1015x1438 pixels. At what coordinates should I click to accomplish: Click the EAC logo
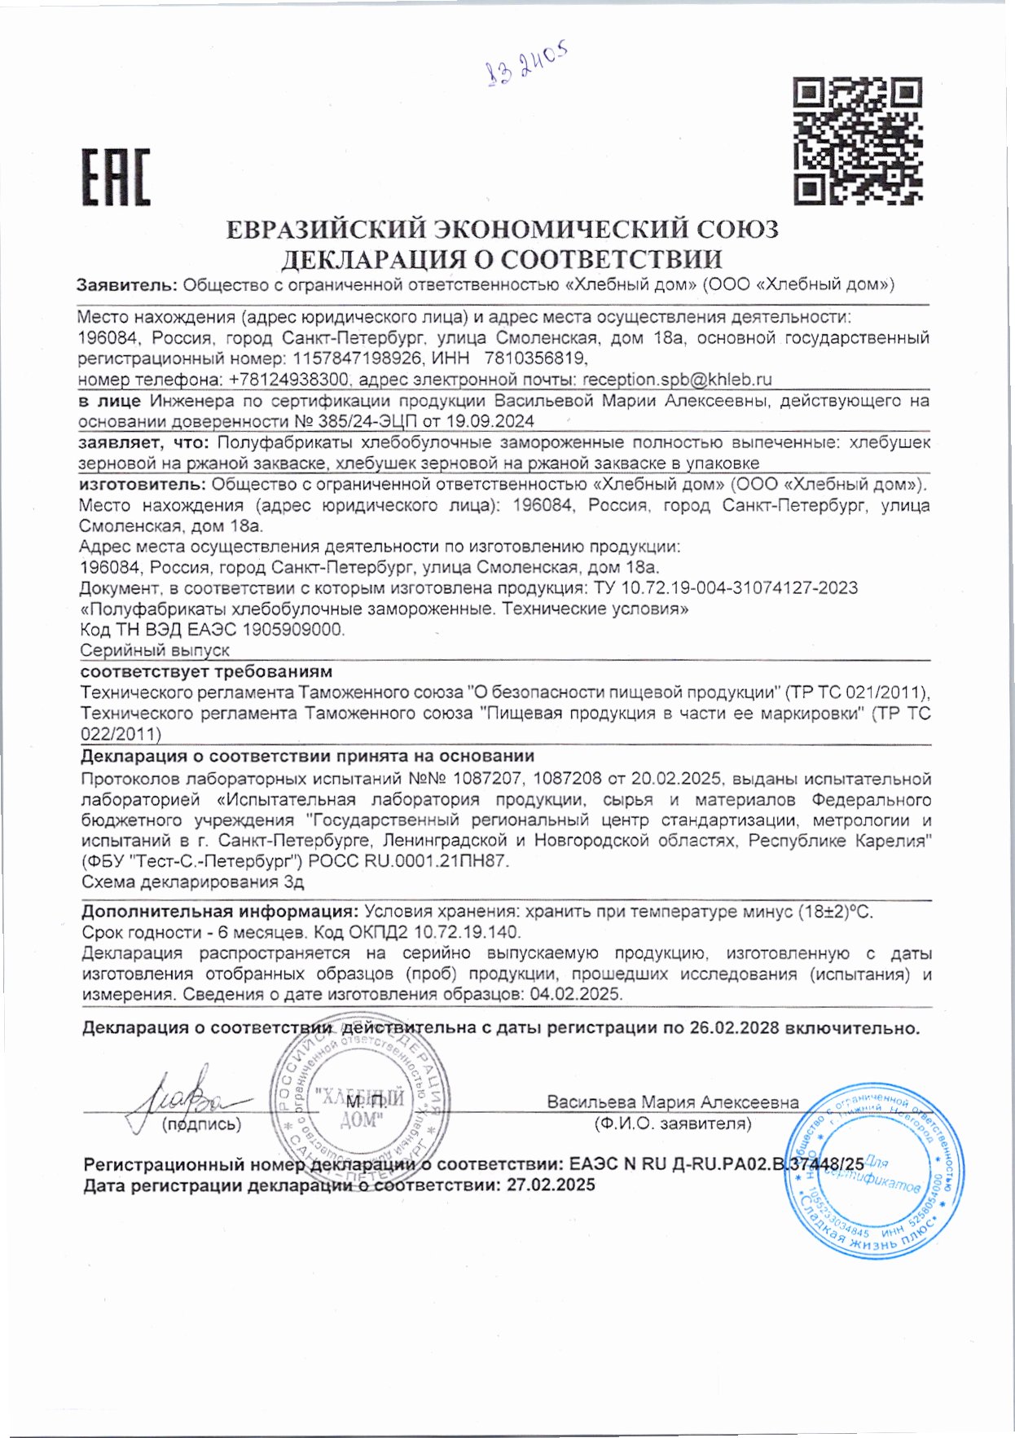pos(115,177)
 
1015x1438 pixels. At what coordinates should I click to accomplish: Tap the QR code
pos(857,140)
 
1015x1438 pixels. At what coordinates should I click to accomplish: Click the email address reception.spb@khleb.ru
pos(677,380)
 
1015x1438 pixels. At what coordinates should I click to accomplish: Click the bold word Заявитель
pos(126,285)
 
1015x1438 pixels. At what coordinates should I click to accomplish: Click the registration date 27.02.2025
pos(551,1185)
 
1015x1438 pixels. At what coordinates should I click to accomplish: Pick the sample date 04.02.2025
pos(575,995)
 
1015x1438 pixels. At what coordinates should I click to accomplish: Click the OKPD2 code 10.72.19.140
pos(468,933)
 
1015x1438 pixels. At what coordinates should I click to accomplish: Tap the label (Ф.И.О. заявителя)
pos(673,1124)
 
